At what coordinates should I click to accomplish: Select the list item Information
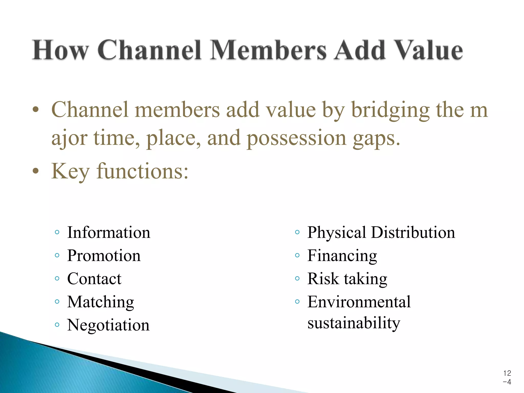point(109,233)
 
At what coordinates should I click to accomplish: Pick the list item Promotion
point(104,256)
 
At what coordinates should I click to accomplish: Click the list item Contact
point(94,279)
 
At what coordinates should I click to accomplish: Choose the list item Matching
point(101,302)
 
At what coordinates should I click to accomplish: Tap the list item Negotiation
point(108,325)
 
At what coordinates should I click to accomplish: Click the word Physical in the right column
point(336,233)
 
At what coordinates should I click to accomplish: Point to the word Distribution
point(413,233)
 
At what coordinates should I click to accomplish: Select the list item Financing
point(342,256)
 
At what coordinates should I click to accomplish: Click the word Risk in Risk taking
point(323,279)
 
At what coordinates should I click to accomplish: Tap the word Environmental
point(359,302)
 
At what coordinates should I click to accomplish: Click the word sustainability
point(354,323)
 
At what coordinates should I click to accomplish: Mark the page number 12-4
point(507,377)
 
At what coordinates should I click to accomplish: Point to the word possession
point(297,138)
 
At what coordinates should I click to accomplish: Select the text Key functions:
point(120,171)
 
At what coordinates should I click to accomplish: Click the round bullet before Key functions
point(36,171)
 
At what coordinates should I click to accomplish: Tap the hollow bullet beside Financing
point(297,255)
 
